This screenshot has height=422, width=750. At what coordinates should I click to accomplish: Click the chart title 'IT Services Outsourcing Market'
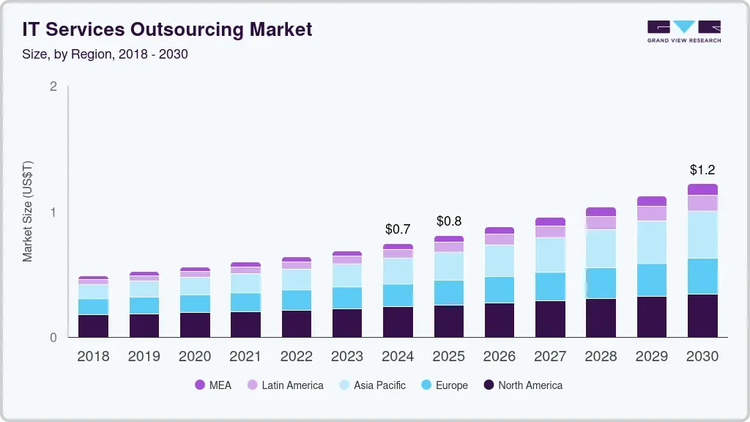coord(167,29)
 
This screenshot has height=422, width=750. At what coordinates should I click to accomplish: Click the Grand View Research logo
coord(683,32)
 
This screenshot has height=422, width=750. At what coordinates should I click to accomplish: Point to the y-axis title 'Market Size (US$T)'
coord(28,212)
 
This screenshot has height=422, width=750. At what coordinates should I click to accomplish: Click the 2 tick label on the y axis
coord(53,86)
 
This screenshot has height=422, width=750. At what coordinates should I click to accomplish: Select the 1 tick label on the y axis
coord(53,212)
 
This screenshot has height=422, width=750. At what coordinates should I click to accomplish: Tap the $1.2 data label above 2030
coord(702,170)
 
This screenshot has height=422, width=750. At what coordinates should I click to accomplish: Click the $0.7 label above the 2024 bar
coord(398,229)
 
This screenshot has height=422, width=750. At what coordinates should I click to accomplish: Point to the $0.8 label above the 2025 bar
coord(449,221)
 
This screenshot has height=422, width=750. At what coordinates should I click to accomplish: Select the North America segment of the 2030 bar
coord(702,316)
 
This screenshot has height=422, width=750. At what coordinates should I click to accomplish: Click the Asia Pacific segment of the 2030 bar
coord(702,234)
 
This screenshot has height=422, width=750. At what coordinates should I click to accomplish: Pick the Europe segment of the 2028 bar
coord(601,284)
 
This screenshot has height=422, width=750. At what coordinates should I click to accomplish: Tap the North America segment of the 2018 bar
coord(93,326)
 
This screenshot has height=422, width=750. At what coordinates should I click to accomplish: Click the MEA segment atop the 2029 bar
coord(652,201)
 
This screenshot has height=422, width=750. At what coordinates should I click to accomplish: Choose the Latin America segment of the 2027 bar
coord(550,232)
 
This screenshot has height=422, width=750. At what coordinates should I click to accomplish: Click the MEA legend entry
coord(212,385)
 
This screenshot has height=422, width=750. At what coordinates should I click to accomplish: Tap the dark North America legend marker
coord(489,385)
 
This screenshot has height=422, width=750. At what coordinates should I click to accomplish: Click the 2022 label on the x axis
coord(296,357)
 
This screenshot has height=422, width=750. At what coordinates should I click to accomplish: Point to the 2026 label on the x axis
coord(500,357)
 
